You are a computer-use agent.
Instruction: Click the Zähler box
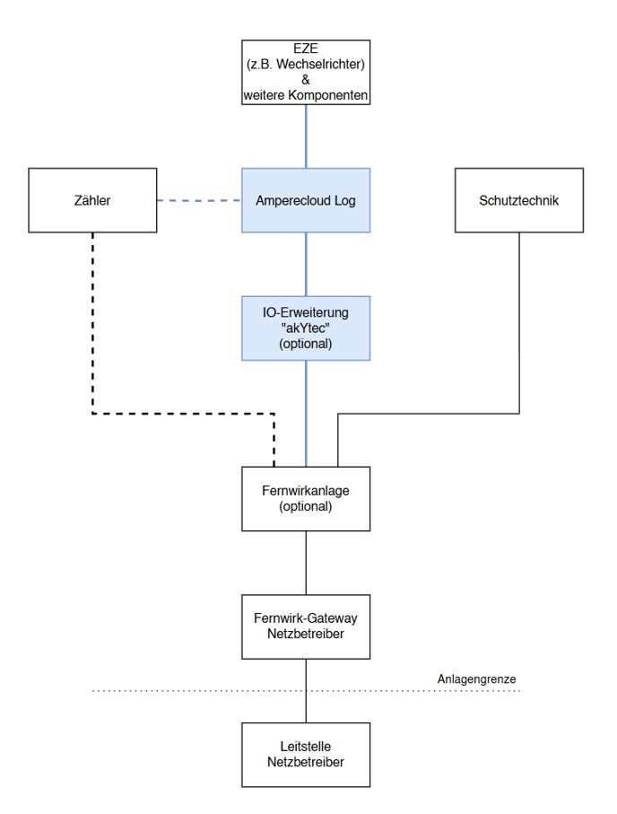click(92, 200)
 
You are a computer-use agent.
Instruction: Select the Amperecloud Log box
click(306, 200)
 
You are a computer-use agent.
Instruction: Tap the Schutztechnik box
click(519, 200)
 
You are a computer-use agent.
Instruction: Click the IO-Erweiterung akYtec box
click(306, 328)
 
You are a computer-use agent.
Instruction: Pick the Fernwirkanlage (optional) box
click(306, 499)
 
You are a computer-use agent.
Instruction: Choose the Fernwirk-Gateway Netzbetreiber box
click(306, 626)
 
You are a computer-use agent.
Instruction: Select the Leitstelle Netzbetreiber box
click(306, 755)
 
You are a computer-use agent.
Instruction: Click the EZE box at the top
click(306, 72)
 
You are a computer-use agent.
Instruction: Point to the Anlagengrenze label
click(476, 679)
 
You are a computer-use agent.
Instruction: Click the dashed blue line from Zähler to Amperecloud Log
click(199, 200)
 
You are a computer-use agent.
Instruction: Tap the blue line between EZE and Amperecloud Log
click(306, 136)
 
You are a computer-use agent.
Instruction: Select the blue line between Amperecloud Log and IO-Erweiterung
click(306, 264)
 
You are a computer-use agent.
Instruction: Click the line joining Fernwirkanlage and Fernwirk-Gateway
click(306, 563)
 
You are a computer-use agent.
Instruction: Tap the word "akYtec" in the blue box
click(306, 328)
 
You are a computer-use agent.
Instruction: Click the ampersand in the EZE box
click(306, 80)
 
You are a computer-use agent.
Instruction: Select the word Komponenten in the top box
click(328, 95)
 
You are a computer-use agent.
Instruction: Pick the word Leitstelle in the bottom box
click(306, 747)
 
